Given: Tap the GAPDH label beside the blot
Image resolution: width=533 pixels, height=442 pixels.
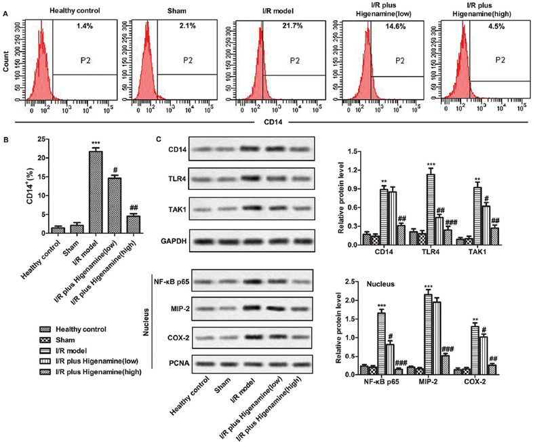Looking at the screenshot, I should (x=170, y=241).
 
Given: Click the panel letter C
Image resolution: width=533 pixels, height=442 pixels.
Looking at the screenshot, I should (x=159, y=140).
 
